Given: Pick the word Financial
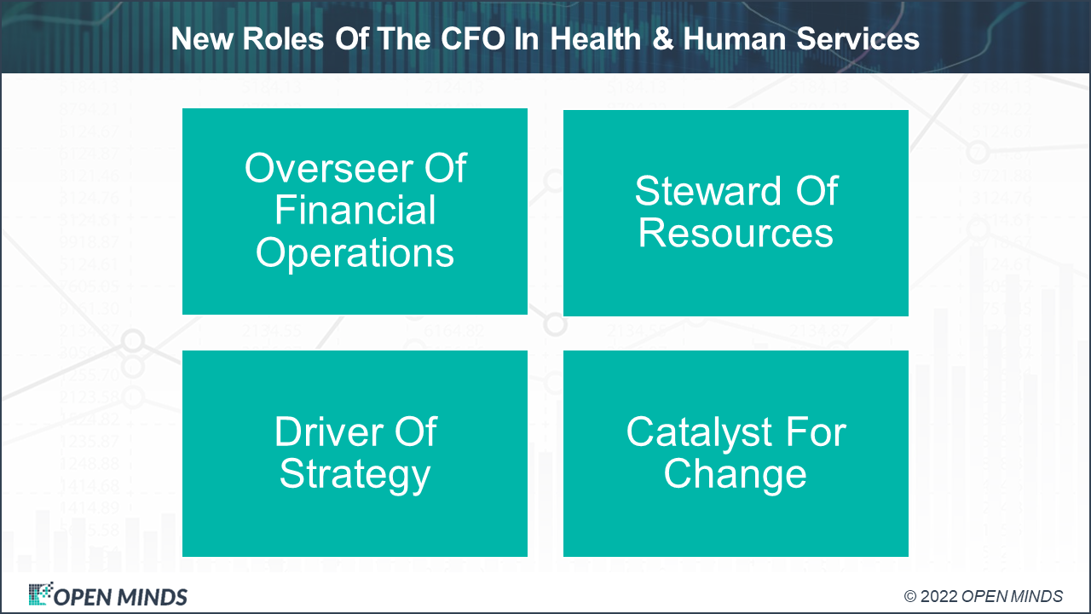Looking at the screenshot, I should pos(355,211).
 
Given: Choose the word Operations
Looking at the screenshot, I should pos(355,253).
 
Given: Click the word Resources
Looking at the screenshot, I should pos(736,233).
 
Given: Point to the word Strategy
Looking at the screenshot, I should pos(355,474).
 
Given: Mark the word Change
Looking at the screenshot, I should pos(736,474).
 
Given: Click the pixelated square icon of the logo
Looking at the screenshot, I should pos(40,594).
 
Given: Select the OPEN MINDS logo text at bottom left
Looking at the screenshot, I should pos(120,596).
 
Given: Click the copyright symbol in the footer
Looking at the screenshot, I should pos(910,596).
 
